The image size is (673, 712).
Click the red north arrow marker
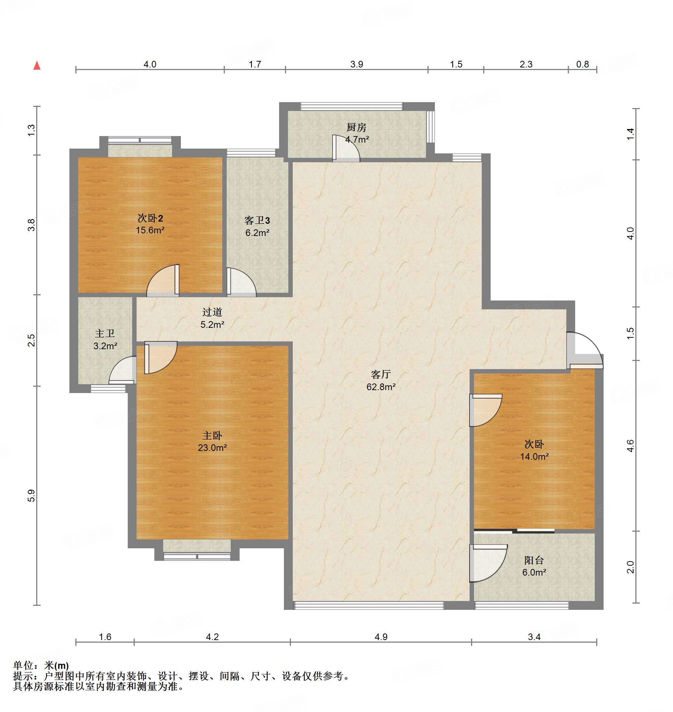pos(37,66)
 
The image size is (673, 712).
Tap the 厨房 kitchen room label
pos(356,127)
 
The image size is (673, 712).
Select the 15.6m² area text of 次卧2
pos(150,230)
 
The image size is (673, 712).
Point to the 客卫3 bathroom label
pos(257,220)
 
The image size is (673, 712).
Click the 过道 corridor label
pos(212,312)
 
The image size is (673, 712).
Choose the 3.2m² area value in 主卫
pos(105,346)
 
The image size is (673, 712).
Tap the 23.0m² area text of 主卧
pos(212,448)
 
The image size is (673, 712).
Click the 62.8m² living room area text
pos(381,387)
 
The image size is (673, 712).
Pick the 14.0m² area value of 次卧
pos(534,456)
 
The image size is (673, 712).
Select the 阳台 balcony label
pos(534,560)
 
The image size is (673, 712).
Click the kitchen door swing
pos(346,148)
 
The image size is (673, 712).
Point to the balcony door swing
pos(488,563)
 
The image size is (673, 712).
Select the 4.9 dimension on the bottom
pos(381,637)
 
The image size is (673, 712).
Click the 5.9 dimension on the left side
pos(31,496)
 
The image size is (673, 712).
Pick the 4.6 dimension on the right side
pos(631,446)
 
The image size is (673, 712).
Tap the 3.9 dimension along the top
pos(357,64)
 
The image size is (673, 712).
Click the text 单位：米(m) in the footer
pos(41,666)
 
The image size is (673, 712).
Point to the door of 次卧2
pos(163,280)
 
